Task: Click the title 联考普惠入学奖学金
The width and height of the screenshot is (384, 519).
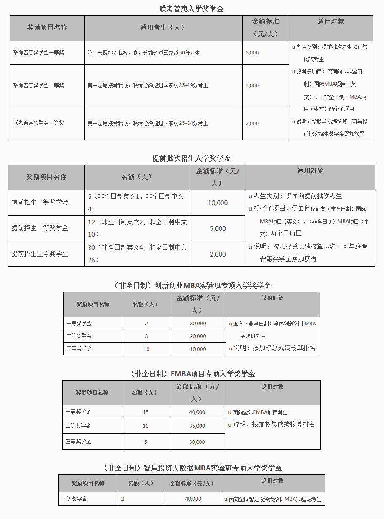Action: pos(191,9)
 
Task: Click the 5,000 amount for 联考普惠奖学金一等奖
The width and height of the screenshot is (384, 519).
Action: pos(252,53)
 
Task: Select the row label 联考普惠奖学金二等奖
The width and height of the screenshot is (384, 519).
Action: pos(39,86)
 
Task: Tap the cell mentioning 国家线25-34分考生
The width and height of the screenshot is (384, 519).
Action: pos(148,123)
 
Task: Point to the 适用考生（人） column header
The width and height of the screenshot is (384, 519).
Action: pos(163,28)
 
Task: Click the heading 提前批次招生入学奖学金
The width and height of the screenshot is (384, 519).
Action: pos(191,159)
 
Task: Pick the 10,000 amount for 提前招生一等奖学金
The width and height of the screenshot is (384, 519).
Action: pos(218,203)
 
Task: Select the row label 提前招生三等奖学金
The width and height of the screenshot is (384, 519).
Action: pos(40,254)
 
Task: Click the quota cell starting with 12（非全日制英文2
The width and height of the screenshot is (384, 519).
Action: pos(137,228)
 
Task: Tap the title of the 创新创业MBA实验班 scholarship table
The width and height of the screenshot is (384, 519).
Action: pos(192,285)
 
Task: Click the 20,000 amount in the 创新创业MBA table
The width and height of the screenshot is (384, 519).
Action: pos(198,336)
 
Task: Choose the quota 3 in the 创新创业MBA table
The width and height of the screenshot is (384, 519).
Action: pos(146,336)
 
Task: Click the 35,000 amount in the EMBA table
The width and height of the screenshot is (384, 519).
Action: pos(197,426)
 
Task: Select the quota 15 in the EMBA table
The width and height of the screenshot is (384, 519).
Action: pos(145,412)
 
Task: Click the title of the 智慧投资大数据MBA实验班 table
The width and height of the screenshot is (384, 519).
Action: pos(192,468)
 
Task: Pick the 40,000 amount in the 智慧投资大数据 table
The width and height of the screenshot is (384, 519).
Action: pos(193,499)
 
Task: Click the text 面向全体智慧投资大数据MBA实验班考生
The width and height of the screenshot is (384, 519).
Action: pos(275,500)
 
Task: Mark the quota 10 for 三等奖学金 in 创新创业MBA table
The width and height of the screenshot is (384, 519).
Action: pos(146,349)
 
